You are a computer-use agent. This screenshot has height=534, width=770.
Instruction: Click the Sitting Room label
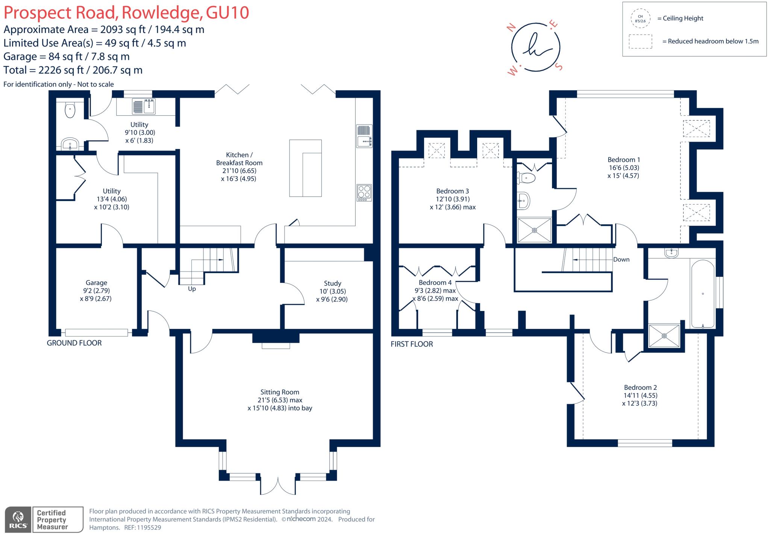[280, 392]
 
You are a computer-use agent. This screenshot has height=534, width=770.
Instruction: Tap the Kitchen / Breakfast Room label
[239, 159]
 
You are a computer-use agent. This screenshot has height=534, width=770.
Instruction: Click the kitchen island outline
[305, 168]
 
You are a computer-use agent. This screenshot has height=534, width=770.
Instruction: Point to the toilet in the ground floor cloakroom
[70, 110]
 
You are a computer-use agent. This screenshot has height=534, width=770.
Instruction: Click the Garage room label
[96, 283]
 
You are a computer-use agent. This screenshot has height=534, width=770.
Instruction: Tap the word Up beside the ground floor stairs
[192, 289]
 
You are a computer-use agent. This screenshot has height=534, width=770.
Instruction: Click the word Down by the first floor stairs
[621, 259]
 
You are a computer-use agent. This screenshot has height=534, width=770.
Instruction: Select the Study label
[332, 284]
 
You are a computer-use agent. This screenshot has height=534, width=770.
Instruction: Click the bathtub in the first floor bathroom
[702, 294]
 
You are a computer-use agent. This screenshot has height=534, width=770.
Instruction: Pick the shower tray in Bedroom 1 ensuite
[534, 230]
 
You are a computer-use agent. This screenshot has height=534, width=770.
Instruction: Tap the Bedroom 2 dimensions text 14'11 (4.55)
[640, 395]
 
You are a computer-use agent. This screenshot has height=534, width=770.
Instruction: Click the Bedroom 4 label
[435, 282]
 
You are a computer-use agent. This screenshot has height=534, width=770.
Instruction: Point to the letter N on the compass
[511, 27]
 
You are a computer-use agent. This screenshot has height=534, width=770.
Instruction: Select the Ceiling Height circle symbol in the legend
[640, 18]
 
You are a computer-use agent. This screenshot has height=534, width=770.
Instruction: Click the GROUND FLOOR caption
[74, 343]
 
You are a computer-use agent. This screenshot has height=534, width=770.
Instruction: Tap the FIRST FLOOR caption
[412, 344]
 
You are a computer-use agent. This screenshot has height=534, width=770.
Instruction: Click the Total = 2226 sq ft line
[73, 70]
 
